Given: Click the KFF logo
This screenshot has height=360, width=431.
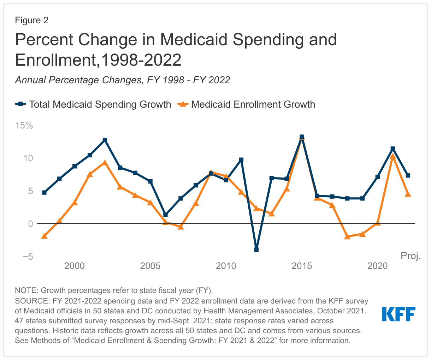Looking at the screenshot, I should click(398, 314).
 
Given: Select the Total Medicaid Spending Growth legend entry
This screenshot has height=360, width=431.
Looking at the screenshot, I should click(93, 104).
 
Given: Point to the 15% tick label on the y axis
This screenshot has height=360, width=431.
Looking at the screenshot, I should click(24, 125).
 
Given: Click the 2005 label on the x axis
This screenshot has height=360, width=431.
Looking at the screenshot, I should click(150, 266).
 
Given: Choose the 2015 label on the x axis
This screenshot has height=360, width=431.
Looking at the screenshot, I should click(302, 266).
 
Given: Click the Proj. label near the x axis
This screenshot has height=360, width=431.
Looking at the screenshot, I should click(411, 256).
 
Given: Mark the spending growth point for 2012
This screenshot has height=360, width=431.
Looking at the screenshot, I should click(256, 250).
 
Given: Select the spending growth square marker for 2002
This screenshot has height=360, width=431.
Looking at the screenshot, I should click(105, 140).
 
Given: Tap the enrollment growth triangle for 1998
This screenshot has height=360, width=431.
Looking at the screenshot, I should click(44, 236).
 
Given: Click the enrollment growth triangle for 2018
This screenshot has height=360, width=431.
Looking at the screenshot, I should click(347, 236).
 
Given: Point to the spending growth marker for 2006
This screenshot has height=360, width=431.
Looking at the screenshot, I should click(165, 215).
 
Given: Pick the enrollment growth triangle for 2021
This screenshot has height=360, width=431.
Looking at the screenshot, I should click(392, 156).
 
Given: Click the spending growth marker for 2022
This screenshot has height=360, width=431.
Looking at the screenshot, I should click(408, 175).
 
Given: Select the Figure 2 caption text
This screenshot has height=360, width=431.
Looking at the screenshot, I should click(31, 20).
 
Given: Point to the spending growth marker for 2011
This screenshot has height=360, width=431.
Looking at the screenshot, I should click(241, 160).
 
